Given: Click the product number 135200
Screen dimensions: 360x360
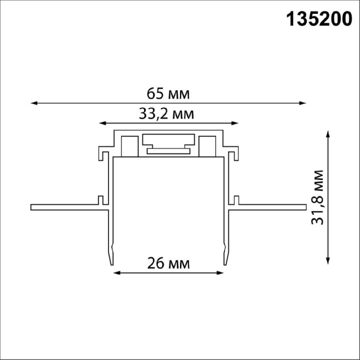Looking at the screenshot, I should [x=319, y=20].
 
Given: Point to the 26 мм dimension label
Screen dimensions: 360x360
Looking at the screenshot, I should [x=168, y=263].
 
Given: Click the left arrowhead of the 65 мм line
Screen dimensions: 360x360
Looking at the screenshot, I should [x=33, y=103].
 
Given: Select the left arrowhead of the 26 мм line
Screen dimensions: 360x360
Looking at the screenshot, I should [x=116, y=272].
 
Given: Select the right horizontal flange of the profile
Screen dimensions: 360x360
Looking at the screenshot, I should [x=271, y=208].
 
